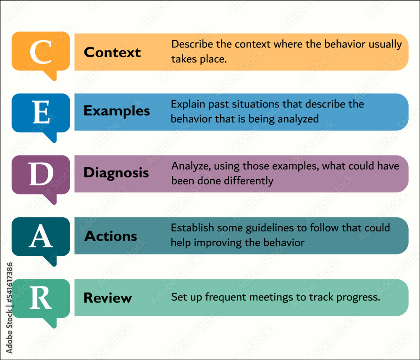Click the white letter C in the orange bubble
[x=41, y=52]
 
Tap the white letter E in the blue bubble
[x=41, y=112]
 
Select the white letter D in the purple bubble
[x=41, y=174]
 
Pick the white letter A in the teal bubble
[x=41, y=236]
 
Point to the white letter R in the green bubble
[x=40, y=297]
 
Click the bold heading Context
[x=112, y=52]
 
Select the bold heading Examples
[x=116, y=111]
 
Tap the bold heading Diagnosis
[x=116, y=173]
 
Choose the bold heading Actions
[x=110, y=236]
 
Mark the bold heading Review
[x=108, y=298]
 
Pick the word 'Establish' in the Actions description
[x=192, y=228]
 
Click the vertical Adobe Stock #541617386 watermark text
[x=9, y=308]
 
